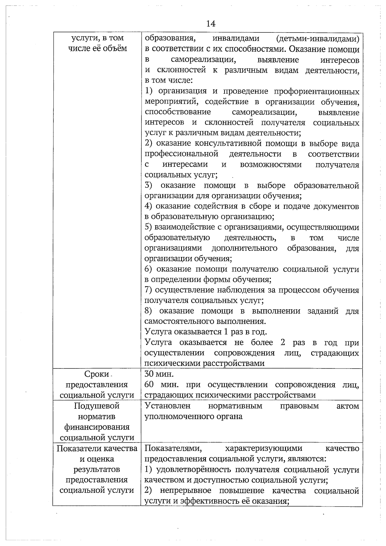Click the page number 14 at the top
(x=211, y=24)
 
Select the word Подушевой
(x=96, y=406)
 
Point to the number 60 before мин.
(x=149, y=385)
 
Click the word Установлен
(x=168, y=406)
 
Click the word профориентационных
(x=317, y=91)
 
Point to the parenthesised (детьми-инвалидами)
(x=317, y=39)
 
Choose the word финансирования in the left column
(x=96, y=427)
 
